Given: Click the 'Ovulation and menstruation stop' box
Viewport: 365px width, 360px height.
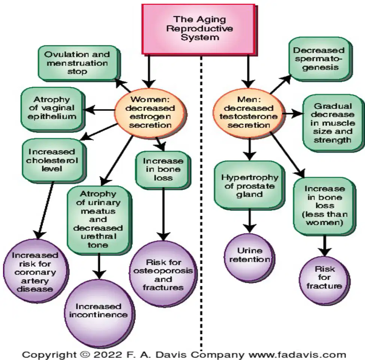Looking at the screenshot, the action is coord(78,63).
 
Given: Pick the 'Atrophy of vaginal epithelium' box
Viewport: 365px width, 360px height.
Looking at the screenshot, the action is coord(52,108).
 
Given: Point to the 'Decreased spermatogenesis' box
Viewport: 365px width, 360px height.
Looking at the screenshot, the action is coord(320,58).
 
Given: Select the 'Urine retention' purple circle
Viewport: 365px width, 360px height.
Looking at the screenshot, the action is coord(249,255).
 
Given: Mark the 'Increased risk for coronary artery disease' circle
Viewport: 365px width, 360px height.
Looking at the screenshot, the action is coord(36,271).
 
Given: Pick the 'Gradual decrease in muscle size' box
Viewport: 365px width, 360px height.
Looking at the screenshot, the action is coord(333,123).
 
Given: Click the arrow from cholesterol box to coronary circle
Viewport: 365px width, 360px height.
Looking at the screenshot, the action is coord(45,210).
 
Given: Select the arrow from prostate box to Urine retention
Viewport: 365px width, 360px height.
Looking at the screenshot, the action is coord(249,220).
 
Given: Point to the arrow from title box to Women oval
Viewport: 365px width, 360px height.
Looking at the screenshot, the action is coord(149,71).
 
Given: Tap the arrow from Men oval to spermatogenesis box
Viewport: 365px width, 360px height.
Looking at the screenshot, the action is coord(280,84).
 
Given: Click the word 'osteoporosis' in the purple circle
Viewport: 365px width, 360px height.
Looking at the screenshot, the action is coord(163,271).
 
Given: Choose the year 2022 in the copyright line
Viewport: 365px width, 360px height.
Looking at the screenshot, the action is coord(108,355).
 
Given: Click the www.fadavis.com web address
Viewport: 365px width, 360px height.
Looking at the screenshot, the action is coord(297,355).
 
